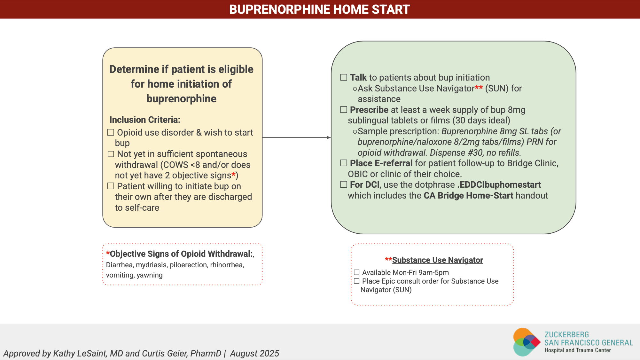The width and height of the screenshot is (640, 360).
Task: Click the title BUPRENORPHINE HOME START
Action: click(319, 9)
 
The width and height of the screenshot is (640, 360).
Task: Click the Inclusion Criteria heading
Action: click(145, 120)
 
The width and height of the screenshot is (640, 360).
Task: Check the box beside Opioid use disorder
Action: click(111, 132)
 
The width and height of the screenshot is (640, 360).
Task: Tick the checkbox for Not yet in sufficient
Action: click(111, 154)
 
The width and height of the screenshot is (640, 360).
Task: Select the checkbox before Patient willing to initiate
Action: click(111, 186)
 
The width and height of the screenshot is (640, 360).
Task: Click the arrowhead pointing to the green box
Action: click(329, 137)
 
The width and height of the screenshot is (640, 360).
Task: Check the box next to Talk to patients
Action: click(344, 77)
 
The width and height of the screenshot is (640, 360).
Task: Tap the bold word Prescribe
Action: click(369, 110)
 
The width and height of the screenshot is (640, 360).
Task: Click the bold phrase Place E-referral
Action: click(381, 163)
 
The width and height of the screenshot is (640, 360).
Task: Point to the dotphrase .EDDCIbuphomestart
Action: click(499, 184)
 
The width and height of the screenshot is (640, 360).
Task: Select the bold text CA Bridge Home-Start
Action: click(468, 195)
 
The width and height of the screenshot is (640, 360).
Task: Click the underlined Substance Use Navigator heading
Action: click(438, 260)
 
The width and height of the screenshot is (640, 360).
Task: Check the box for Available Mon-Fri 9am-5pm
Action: click(357, 272)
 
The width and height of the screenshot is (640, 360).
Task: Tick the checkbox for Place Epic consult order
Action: click(357, 281)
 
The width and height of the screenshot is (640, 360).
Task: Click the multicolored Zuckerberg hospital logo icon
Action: click(527, 342)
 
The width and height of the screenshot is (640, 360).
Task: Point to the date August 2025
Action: click(254, 353)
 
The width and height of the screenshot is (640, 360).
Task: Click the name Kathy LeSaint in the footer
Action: click(80, 353)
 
